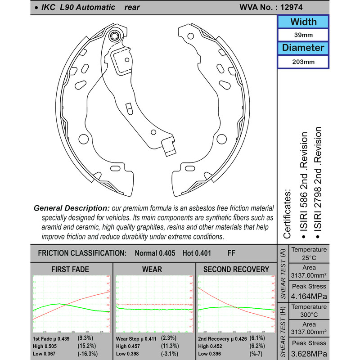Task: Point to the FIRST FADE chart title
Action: point(71,270)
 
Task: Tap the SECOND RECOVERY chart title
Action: point(236,270)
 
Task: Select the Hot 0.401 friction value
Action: point(197,253)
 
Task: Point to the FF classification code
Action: point(231,253)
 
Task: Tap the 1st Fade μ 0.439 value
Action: point(52,337)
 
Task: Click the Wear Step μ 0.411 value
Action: point(137,337)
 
